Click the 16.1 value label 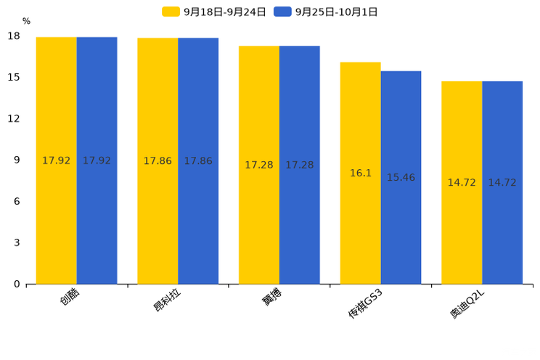tap(361, 173)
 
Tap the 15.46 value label tap(401, 178)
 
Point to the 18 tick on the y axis tap(14, 36)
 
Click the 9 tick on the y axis tap(17, 160)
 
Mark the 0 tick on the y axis tap(17, 284)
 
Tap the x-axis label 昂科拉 tap(168, 299)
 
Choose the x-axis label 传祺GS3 tap(365, 303)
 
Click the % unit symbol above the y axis tap(26, 22)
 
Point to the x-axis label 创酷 tap(70, 297)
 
